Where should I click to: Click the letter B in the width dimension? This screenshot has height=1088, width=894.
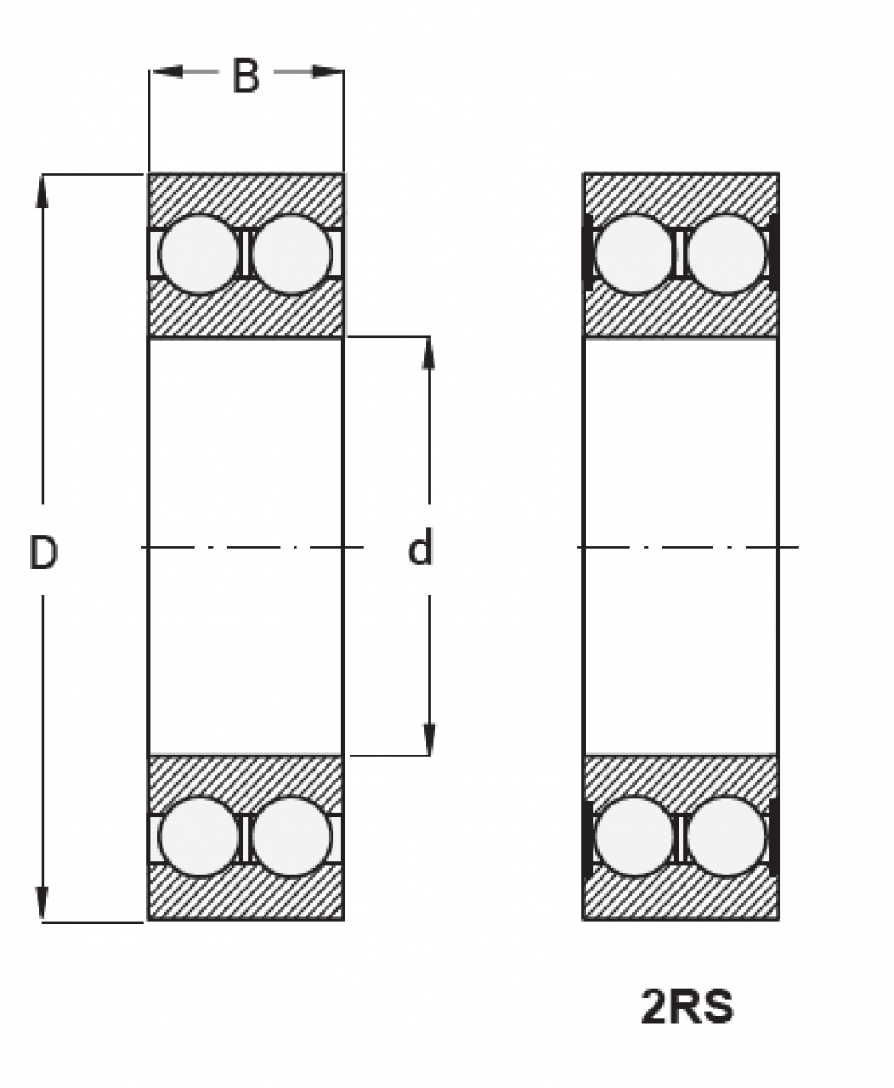(246, 76)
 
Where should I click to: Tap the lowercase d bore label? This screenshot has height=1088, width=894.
(420, 546)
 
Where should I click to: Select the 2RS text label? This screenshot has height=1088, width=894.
(687, 1006)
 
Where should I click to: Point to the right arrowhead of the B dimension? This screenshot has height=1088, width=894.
(328, 72)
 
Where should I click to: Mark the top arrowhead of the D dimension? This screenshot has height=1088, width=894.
(42, 192)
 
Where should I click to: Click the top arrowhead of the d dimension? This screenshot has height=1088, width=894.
(429, 354)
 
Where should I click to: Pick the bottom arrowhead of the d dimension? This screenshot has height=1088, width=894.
(429, 739)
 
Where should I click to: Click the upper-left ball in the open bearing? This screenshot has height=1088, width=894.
(199, 254)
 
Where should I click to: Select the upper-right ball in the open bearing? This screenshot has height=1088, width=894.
(292, 254)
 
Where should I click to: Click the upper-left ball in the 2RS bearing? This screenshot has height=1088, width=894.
(635, 254)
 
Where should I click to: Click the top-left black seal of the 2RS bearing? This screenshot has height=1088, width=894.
(588, 253)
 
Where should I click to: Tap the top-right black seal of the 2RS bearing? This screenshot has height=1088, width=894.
(773, 253)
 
